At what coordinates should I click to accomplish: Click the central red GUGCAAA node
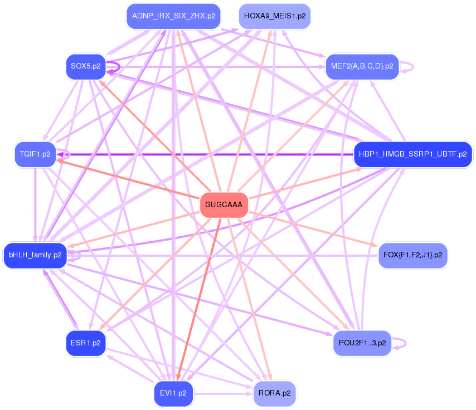224,204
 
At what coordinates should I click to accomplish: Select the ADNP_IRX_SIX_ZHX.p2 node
173,16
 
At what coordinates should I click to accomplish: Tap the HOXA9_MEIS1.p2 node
274,16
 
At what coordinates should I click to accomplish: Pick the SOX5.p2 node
85,66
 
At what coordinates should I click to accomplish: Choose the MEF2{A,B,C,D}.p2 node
362,66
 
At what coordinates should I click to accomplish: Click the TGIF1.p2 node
35,154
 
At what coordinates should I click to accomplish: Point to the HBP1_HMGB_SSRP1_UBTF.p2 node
412,154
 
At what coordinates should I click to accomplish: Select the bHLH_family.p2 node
35,255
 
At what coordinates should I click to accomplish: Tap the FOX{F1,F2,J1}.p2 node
412,255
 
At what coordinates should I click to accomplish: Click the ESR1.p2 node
85,343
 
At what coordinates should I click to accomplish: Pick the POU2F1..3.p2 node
362,343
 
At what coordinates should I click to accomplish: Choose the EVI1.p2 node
173,393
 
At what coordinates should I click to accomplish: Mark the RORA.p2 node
274,393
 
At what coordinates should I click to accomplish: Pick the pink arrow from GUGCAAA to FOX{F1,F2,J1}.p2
312,229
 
